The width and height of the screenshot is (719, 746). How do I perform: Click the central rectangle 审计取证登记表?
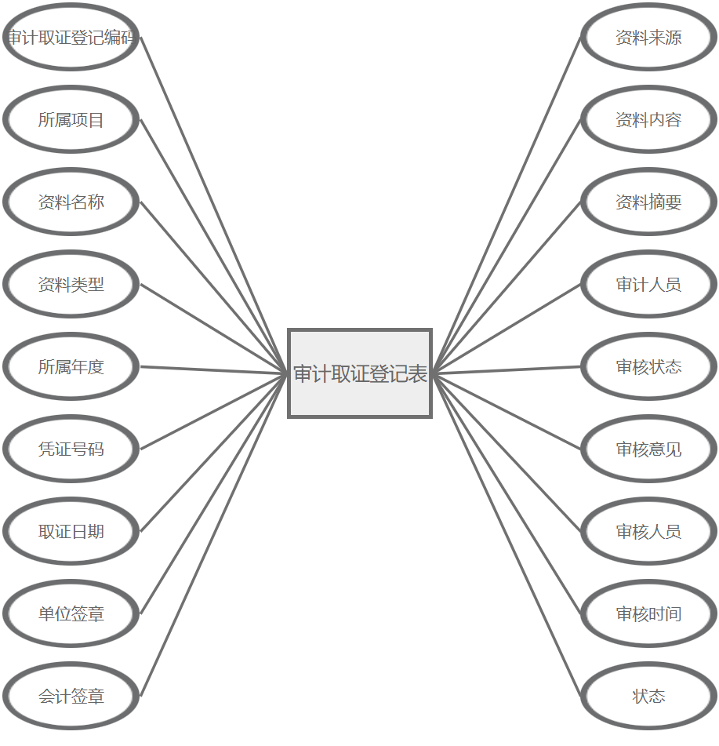coord(360,373)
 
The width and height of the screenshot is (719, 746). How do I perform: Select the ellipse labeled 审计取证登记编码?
coord(71,38)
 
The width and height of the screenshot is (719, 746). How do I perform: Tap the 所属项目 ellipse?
coord(71,120)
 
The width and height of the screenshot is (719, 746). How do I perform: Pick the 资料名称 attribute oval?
coord(71,202)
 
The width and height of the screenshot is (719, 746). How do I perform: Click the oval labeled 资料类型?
coord(71,285)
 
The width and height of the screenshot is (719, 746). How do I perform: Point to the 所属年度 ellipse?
coord(71,367)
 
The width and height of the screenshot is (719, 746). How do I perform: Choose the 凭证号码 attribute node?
coord(71,449)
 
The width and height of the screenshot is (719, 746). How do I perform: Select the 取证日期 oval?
coord(71,532)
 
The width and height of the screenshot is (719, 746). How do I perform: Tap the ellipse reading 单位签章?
coord(71,614)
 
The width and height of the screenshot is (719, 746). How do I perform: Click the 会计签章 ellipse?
coord(71,697)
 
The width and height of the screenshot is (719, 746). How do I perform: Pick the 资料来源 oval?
coord(648,38)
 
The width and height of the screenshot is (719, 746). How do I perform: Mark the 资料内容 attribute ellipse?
coord(648,120)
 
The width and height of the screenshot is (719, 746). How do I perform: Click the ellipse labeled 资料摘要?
coord(648,202)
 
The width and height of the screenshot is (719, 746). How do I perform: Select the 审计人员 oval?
coord(648,285)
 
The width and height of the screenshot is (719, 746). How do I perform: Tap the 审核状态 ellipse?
coord(648,367)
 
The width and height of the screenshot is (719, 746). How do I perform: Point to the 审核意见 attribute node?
coord(648,449)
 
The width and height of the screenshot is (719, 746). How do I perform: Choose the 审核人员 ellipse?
coord(648,532)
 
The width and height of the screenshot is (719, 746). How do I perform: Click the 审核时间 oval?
coord(648,614)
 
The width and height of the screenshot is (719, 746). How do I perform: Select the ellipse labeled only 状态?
coord(648,697)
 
